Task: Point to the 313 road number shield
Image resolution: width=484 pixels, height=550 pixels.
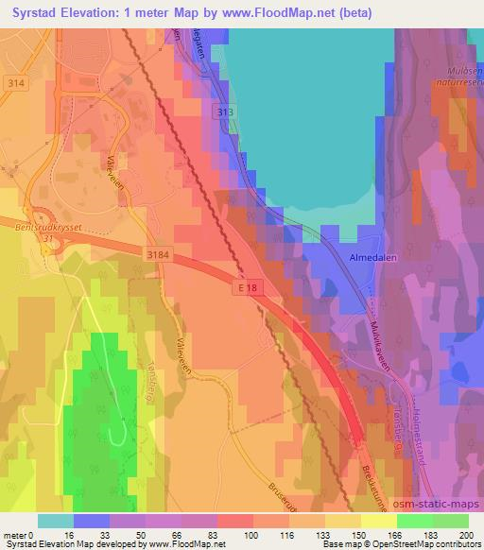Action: [x=223, y=112]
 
